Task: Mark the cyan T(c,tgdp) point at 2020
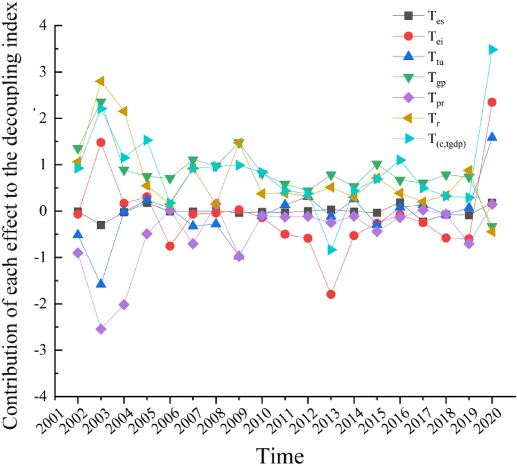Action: point(492,50)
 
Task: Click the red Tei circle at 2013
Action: point(331,294)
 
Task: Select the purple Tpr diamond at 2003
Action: point(101,329)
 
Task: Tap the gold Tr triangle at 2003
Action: point(101,81)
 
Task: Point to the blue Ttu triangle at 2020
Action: point(492,137)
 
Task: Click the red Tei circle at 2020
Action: point(492,102)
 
